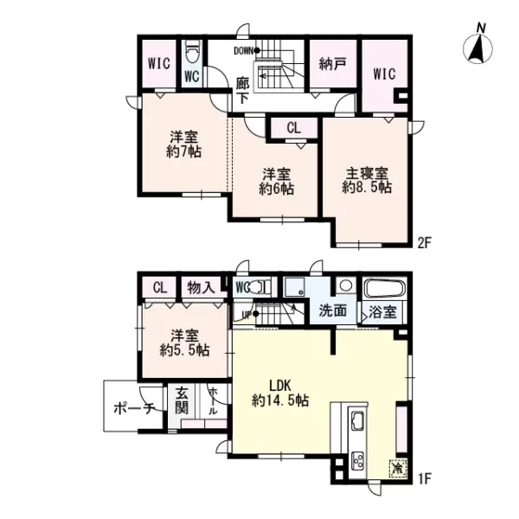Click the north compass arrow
tap(476, 48)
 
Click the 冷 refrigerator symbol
tap(396, 468)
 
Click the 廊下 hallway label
tap(243, 90)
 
